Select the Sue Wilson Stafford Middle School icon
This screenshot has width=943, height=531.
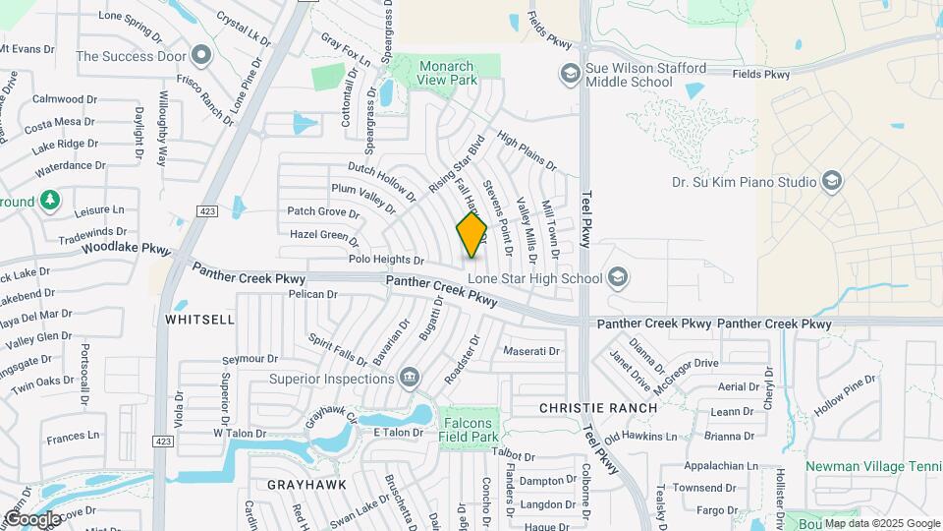pos(569,73)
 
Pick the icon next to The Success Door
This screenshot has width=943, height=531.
pos(202,55)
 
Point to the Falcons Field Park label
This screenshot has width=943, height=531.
pos(470,430)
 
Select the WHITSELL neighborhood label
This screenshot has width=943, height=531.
pos(200,320)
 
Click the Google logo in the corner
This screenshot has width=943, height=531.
pos(32,518)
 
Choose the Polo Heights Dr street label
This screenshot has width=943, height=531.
pos(386,261)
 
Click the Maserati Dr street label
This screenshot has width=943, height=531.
pos(530,351)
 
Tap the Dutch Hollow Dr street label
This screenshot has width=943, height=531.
pos(383,178)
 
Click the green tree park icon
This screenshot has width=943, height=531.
pos(50,201)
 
